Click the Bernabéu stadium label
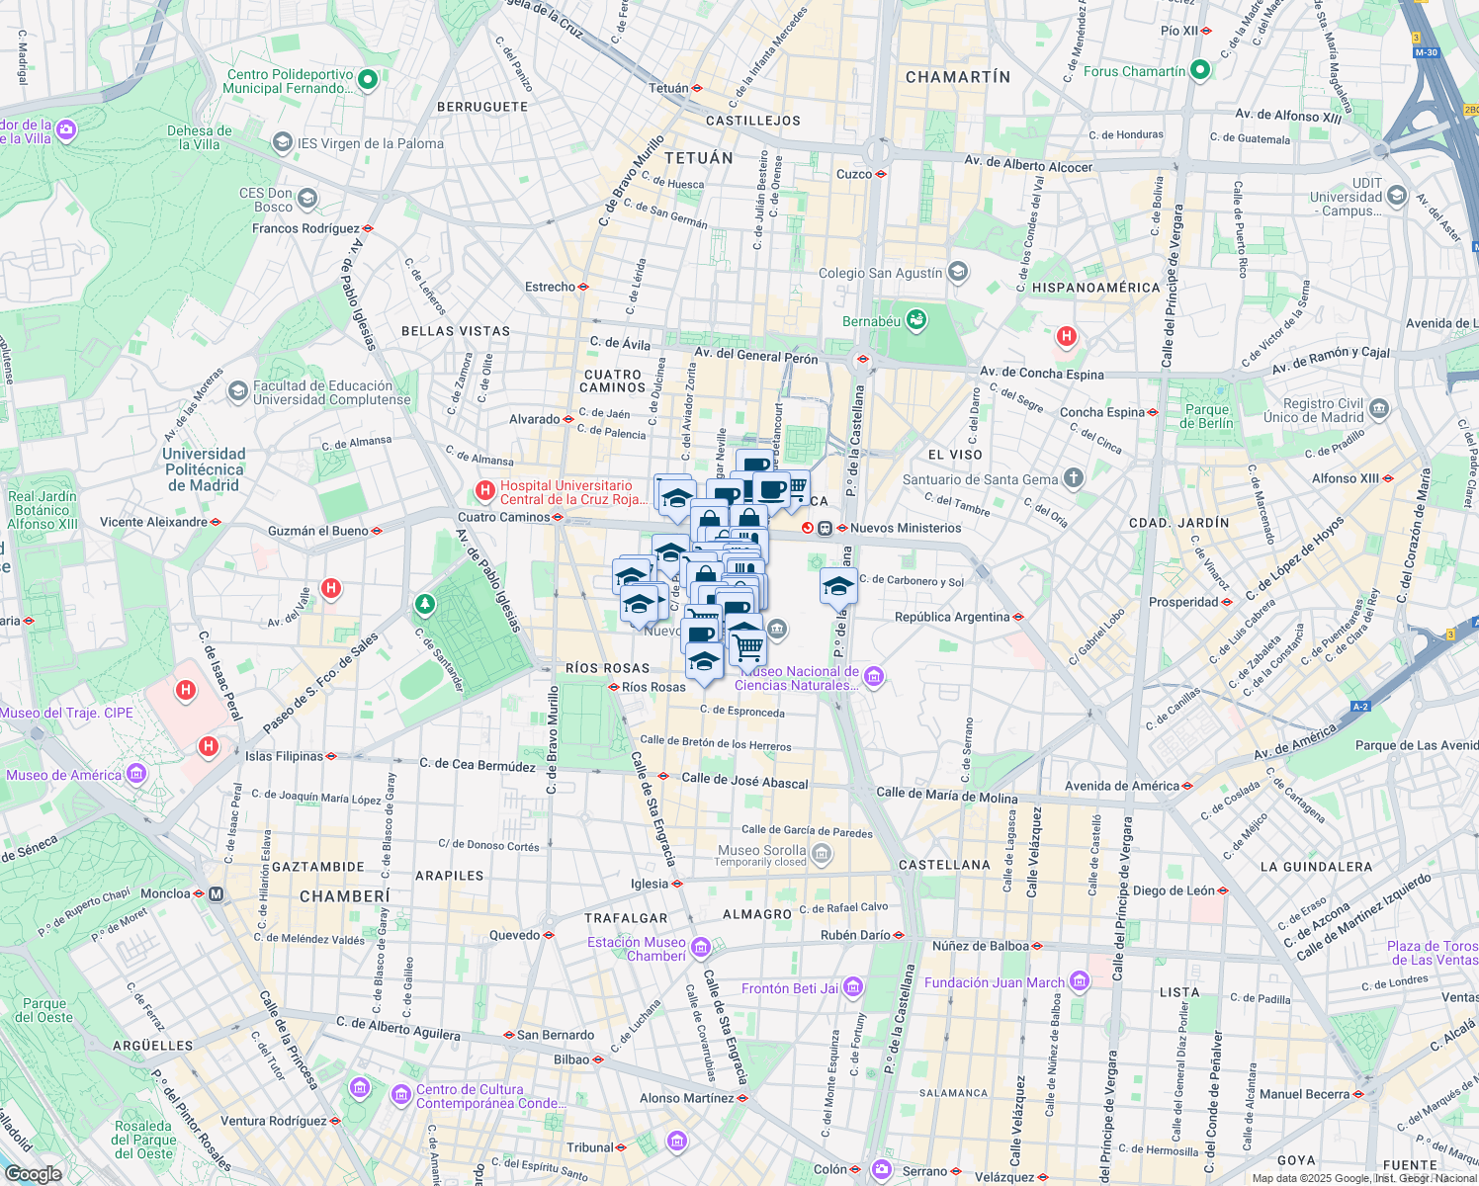(871, 321)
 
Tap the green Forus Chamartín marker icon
(1200, 70)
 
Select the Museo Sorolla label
(761, 850)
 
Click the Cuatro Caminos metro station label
(503, 517)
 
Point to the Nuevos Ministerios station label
(906, 528)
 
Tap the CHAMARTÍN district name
(958, 77)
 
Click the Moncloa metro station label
(165, 893)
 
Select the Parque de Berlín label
(1207, 416)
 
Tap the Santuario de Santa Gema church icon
(1074, 479)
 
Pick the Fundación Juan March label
(994, 982)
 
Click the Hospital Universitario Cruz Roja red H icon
(485, 490)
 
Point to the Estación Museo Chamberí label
(637, 949)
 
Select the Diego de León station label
(1174, 890)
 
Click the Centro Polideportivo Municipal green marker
(368, 80)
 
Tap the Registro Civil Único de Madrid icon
(1379, 409)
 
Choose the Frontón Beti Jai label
(790, 988)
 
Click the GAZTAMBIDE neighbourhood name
(318, 867)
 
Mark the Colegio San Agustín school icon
(957, 272)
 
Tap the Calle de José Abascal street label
(744, 781)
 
